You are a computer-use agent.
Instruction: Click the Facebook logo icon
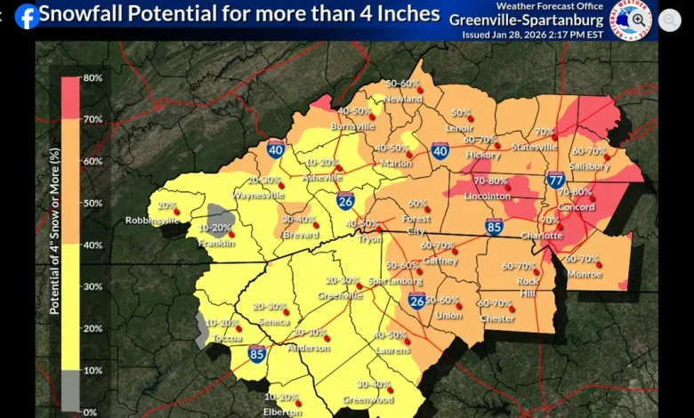click(x=27, y=15)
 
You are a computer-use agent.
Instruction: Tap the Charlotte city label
click(x=541, y=236)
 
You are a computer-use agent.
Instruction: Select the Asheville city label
click(x=322, y=177)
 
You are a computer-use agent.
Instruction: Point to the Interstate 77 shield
click(x=556, y=181)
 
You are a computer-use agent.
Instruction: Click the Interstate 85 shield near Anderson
click(x=256, y=354)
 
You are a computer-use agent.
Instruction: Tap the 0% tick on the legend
click(x=91, y=412)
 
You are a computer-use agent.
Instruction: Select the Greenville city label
click(x=340, y=294)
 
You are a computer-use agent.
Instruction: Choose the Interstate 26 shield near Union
click(x=416, y=301)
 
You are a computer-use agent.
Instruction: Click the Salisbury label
click(x=590, y=165)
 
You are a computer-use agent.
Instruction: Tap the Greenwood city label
click(x=369, y=399)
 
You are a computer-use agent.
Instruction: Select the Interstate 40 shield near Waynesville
click(x=276, y=149)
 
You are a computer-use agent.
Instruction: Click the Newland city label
click(x=405, y=99)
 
